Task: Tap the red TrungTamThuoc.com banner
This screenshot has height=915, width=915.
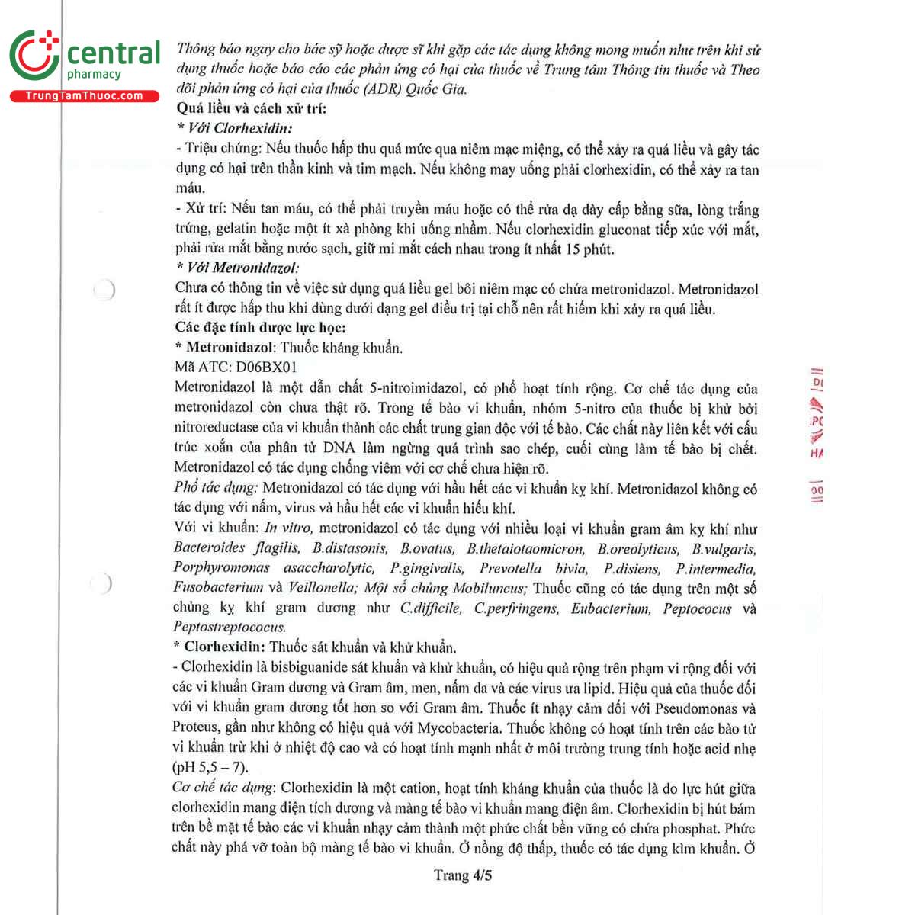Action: [x=84, y=96]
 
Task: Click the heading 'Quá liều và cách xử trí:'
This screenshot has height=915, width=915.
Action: [x=251, y=108]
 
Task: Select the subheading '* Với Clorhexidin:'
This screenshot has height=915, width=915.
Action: [x=234, y=128]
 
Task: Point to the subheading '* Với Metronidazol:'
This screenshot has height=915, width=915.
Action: [x=237, y=268]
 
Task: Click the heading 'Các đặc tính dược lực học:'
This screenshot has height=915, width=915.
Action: [x=260, y=328]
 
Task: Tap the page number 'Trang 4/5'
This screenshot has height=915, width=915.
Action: [x=463, y=875]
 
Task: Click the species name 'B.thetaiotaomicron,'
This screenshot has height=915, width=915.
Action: [x=526, y=548]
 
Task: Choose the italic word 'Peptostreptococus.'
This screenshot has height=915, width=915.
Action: [x=230, y=628]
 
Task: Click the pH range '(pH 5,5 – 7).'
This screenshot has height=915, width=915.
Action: [x=210, y=768]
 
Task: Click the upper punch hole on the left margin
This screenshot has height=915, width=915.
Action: [x=104, y=290]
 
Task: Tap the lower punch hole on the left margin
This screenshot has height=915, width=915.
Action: [x=101, y=584]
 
